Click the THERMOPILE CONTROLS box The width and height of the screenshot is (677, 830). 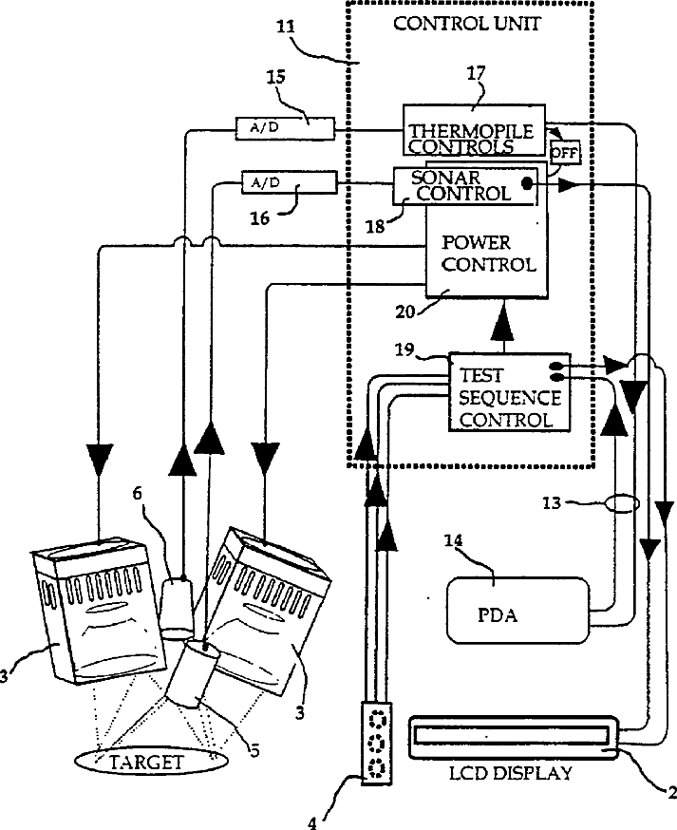coord(474,130)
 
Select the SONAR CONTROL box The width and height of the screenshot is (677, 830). coord(465,186)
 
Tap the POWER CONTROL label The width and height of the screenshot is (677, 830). coord(489,254)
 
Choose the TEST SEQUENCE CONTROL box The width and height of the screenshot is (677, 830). coord(510,391)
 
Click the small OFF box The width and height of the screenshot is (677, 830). coord(564,154)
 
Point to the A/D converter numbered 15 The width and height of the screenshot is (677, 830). coord(285,128)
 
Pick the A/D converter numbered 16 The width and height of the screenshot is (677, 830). coord(289,182)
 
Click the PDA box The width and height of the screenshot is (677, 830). coord(517,611)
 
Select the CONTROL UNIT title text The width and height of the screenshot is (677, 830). coord(466,24)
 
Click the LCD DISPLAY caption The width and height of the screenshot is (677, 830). coord(510,773)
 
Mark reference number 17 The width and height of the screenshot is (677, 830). coord(476,72)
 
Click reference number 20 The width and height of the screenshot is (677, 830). coord(404,311)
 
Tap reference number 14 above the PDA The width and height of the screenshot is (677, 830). coord(454,540)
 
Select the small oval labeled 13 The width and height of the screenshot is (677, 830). coord(621,503)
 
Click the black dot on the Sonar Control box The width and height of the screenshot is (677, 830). coord(527,183)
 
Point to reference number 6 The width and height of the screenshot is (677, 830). coord(137,493)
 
